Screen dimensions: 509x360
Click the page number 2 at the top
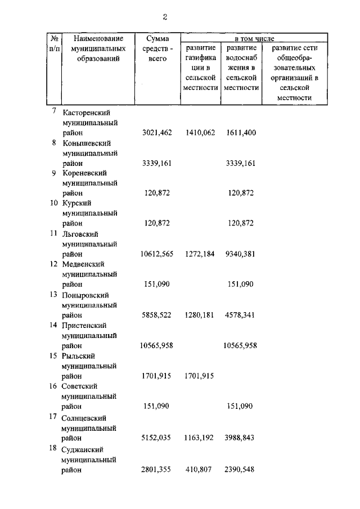pyautogui.click(x=165, y=17)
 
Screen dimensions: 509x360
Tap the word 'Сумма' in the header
pyautogui.click(x=157, y=38)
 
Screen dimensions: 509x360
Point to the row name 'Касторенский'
pyautogui.click(x=89, y=112)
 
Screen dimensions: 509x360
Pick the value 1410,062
pyautogui.click(x=200, y=133)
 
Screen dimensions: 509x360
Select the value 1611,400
pyautogui.click(x=241, y=133)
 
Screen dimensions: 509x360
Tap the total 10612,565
pyautogui.click(x=156, y=254)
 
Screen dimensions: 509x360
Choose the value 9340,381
pyautogui.click(x=241, y=254)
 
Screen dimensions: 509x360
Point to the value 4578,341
pyautogui.click(x=241, y=315)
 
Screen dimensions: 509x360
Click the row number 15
pyautogui.click(x=53, y=356)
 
